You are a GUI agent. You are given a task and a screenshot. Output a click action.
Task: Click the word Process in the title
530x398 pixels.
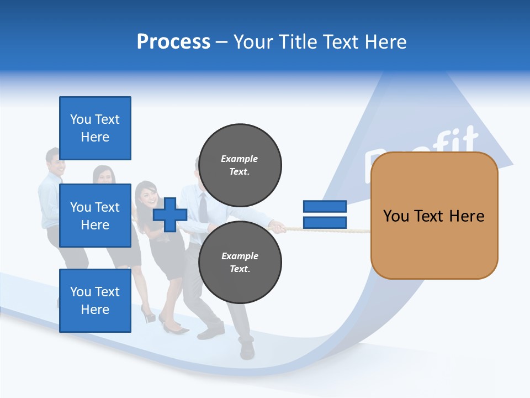click(x=173, y=42)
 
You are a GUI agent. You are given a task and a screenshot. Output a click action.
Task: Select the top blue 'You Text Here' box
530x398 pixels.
click(x=95, y=128)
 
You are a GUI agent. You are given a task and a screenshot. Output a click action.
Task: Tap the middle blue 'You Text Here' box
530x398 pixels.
click(x=95, y=216)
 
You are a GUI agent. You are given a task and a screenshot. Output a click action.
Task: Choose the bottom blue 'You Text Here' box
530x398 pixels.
click(x=95, y=301)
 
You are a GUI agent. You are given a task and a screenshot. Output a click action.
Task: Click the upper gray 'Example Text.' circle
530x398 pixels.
click(x=240, y=165)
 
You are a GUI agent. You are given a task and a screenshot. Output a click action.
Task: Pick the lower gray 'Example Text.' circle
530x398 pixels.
click(x=240, y=262)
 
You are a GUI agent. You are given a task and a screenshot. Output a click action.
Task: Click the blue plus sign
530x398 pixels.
click(x=170, y=214)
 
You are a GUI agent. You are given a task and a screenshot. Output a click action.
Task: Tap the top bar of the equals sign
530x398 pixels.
click(x=325, y=206)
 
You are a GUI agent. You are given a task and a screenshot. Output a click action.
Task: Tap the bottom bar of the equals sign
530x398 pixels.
click(x=325, y=223)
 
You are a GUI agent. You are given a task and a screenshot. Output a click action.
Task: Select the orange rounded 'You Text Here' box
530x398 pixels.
click(x=434, y=216)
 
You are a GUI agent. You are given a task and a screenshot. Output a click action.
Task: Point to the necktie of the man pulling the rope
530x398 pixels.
click(x=203, y=208)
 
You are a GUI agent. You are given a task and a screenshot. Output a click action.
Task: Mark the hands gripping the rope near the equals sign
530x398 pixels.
click(x=276, y=226)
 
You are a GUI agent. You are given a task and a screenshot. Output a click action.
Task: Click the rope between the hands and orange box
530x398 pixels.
click(x=331, y=230)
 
